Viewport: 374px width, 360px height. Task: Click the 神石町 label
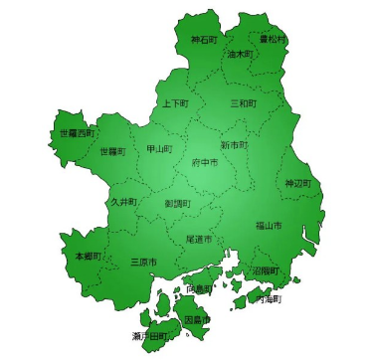(204, 41)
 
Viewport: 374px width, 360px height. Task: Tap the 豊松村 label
(272, 39)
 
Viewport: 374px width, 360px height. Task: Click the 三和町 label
(243, 103)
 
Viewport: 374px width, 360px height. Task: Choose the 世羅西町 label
(77, 132)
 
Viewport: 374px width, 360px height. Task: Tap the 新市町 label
(234, 145)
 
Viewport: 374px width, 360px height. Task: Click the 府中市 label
(205, 161)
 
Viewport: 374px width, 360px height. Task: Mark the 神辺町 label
(297, 184)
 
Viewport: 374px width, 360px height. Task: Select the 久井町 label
(124, 202)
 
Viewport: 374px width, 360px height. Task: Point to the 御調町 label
(177, 204)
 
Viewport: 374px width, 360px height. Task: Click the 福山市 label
(268, 227)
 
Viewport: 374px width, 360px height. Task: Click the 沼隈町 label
(266, 270)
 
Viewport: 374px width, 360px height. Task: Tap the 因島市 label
(198, 320)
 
